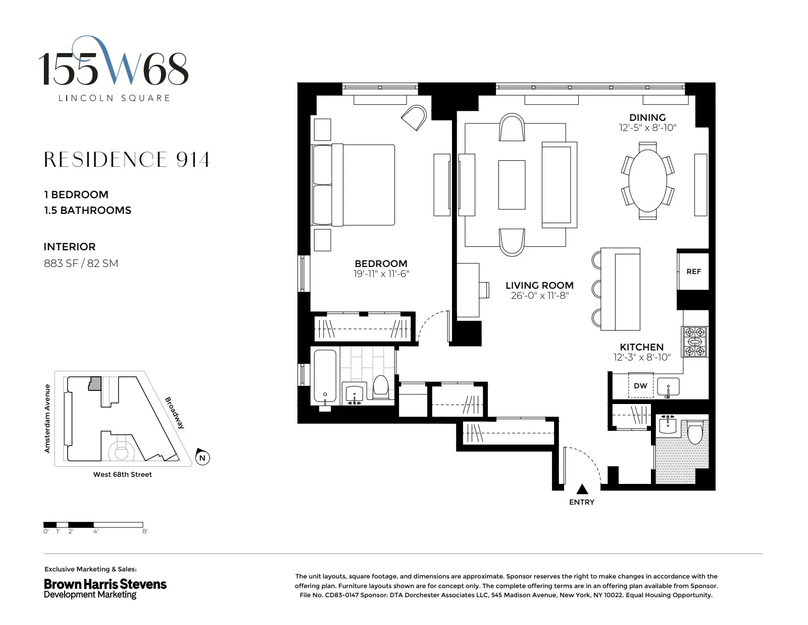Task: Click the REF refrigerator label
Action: tap(693, 272)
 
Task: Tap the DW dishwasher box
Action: tap(640, 386)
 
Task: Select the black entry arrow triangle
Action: tap(582, 489)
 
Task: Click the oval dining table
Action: tap(647, 180)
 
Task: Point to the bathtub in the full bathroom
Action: tap(325, 376)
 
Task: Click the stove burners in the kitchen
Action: tap(695, 342)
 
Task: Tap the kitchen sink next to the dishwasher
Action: tap(668, 387)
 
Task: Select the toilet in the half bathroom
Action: tap(695, 432)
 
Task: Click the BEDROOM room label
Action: tap(381, 263)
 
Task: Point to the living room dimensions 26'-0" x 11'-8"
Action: tap(539, 296)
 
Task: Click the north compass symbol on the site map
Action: tap(202, 457)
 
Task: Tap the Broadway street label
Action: tap(175, 413)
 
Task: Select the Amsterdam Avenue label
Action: tap(47, 418)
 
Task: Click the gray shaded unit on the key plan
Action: tap(94, 383)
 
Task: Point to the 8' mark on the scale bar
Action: tap(144, 531)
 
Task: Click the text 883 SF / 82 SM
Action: tap(81, 263)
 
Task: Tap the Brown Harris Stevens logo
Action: tap(105, 588)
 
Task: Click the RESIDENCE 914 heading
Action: tap(126, 160)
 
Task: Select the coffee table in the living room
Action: tap(512, 185)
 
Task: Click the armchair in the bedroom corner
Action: tap(415, 117)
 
